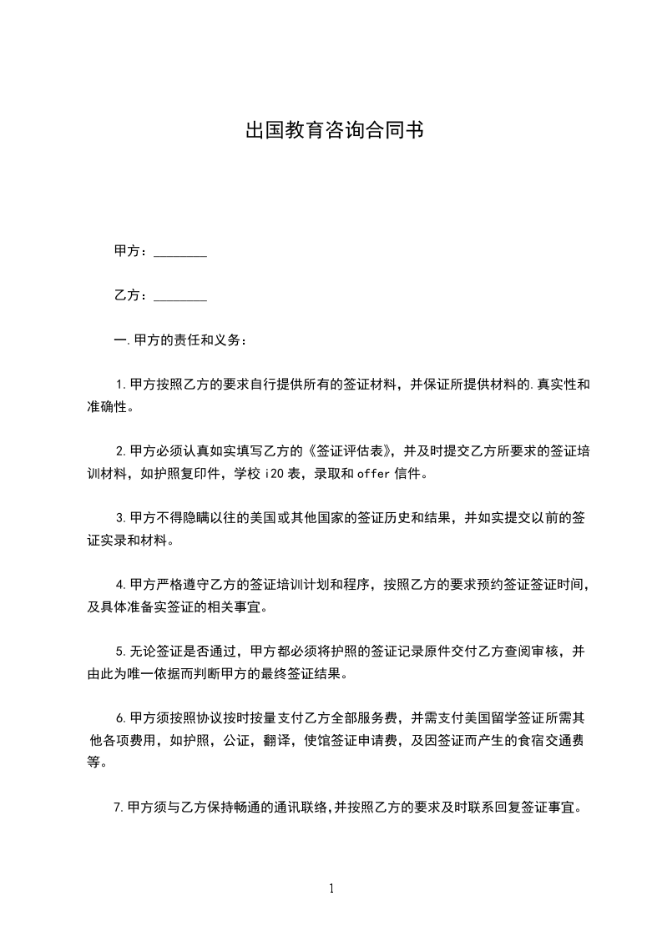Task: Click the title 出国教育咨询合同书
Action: (x=331, y=131)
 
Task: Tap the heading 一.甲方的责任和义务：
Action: (x=179, y=340)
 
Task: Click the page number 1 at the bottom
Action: (x=331, y=889)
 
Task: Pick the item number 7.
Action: (x=118, y=808)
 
